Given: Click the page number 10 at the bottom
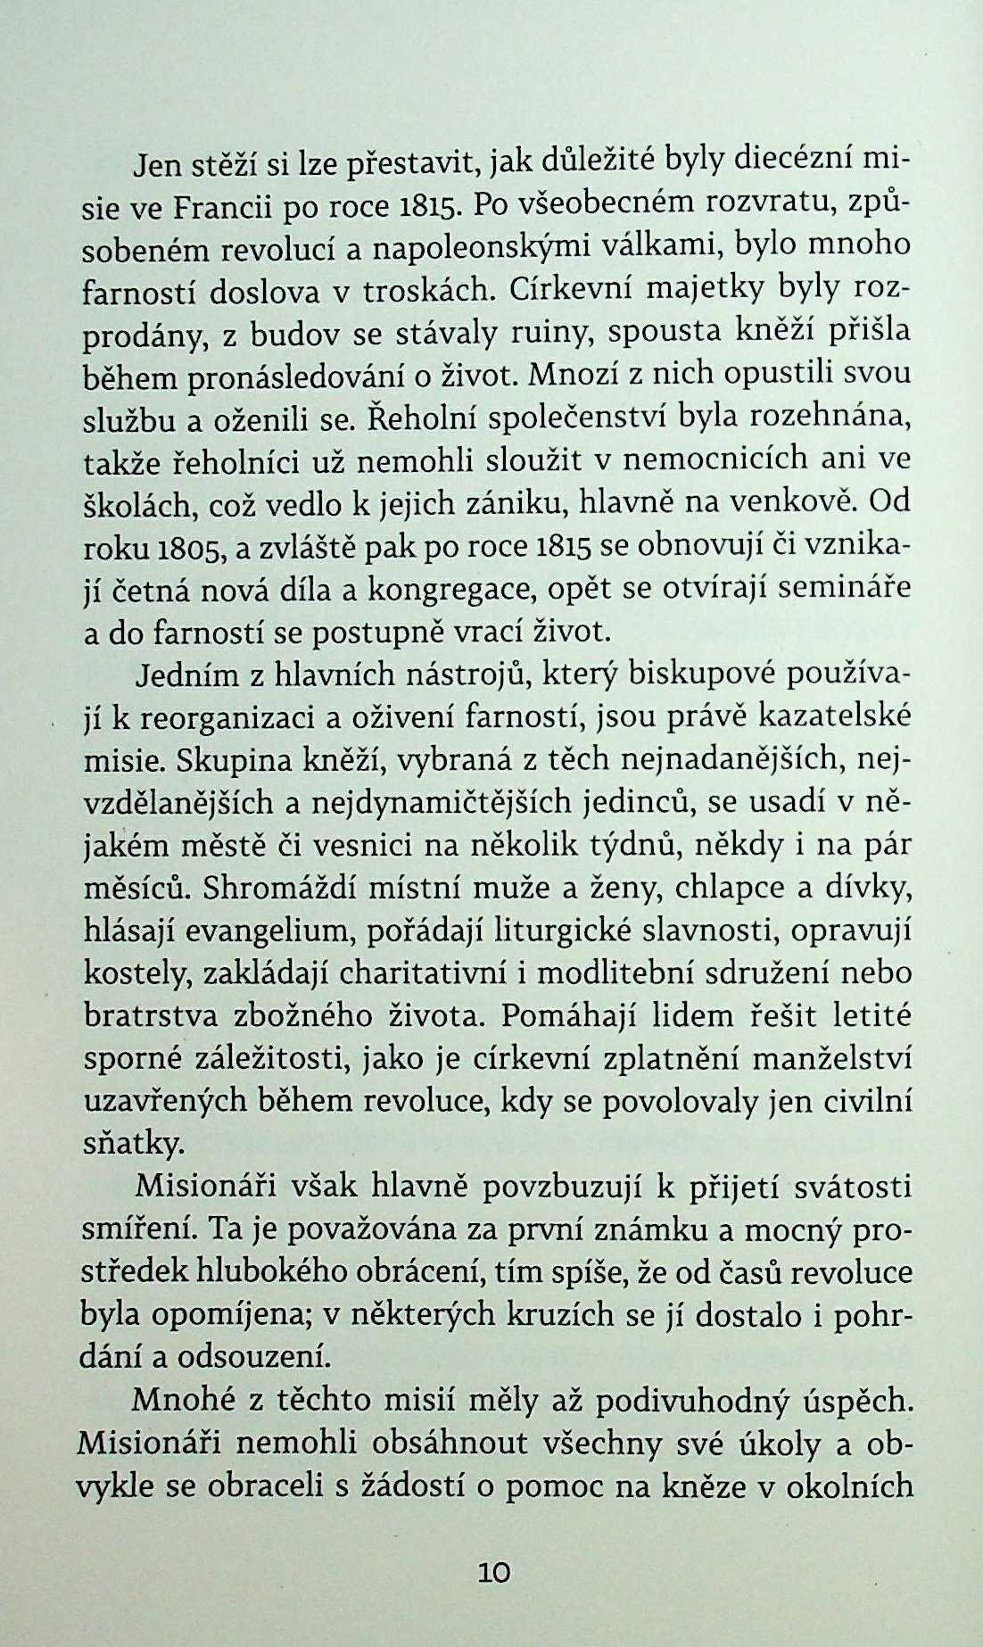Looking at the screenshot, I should (493, 1572).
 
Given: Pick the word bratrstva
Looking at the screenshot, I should (151, 1017).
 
